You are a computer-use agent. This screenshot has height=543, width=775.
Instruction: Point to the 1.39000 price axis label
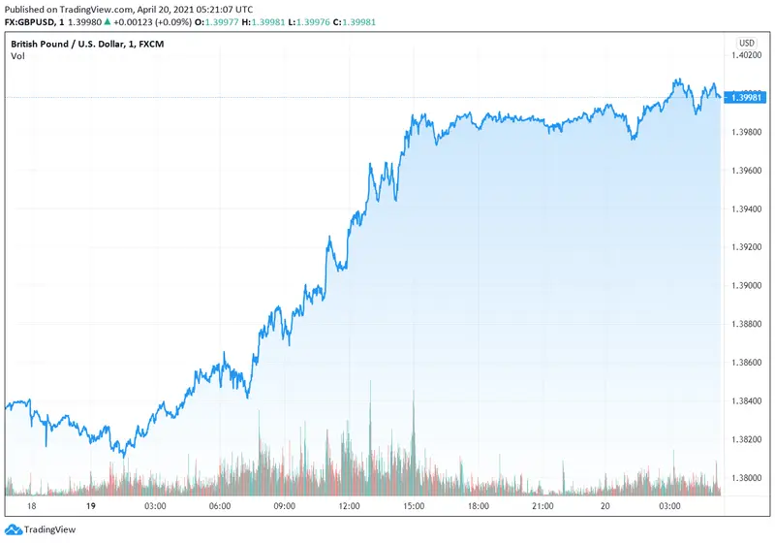tap(747, 286)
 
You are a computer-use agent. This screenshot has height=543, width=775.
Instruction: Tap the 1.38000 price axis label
tap(747, 478)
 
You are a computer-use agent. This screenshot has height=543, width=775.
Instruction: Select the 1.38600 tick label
tap(747, 363)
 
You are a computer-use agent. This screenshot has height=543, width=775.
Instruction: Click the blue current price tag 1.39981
tap(747, 97)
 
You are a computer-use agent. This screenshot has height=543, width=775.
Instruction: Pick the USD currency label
tap(747, 43)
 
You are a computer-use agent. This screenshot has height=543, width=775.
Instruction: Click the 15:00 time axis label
tap(414, 506)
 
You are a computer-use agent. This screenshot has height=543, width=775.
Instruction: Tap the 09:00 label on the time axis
tap(284, 506)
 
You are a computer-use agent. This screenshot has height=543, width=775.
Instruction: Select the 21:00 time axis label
tap(542, 506)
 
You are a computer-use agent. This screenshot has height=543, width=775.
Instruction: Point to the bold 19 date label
tap(89, 506)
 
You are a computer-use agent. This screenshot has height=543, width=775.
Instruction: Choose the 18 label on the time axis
tap(32, 506)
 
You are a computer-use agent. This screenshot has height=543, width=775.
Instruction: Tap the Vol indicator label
tap(18, 56)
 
